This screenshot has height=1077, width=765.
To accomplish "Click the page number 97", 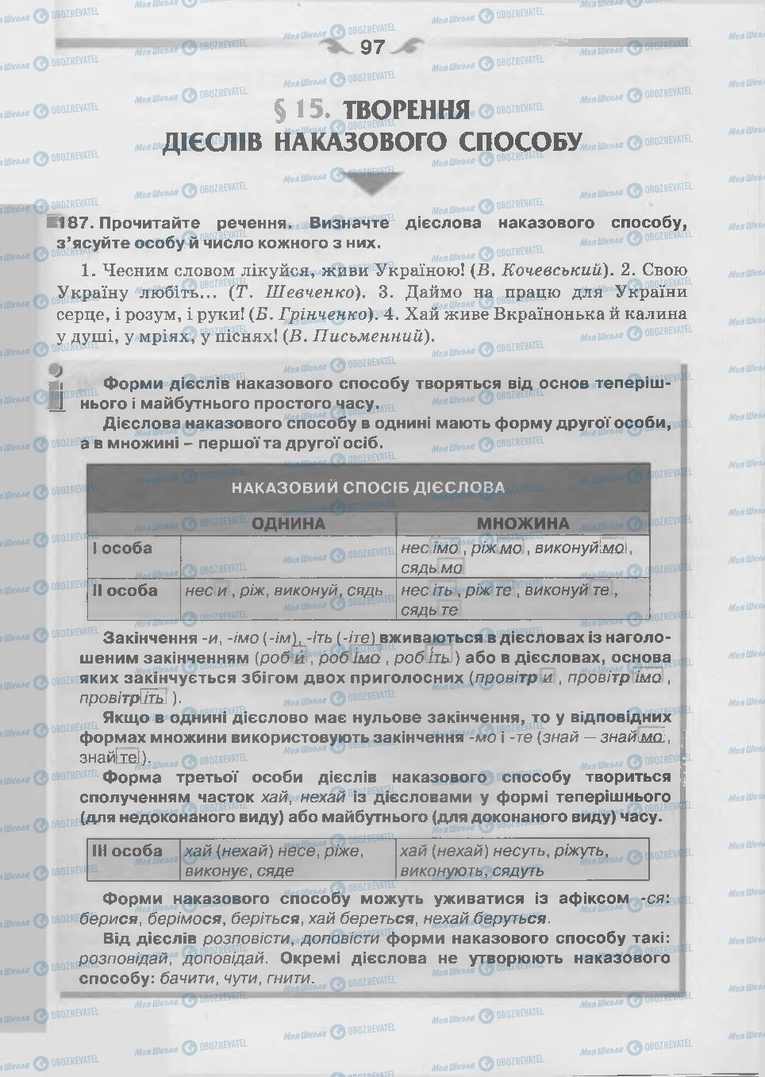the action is pos(372,48).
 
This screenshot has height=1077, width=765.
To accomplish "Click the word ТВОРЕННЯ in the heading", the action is pos(408,110).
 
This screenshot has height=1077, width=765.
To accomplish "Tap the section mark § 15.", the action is pos(301,110).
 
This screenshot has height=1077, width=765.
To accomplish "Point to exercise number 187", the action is pos(76,223).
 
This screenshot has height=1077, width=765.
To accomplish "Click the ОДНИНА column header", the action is pos(288,524).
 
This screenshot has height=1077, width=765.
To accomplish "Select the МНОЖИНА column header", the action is pos(522,524).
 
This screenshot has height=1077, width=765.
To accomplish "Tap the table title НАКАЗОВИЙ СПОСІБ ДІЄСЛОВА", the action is pos(368,487).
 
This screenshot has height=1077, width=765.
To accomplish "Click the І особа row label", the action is pos(123,548).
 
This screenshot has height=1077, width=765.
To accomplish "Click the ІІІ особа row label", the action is pos(128,851).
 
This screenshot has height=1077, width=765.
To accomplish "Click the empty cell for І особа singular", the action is pos(288,557).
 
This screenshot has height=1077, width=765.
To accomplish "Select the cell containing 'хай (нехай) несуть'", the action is pos(522,860).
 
